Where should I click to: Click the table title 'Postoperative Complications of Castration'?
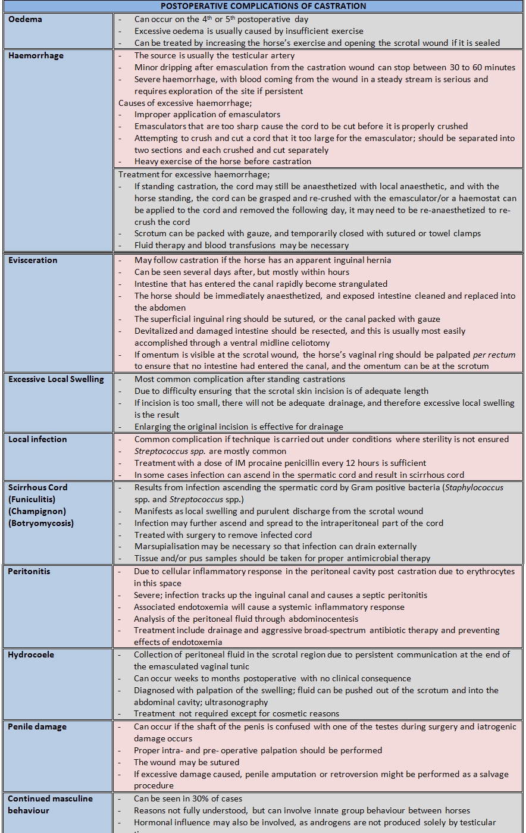point(263,6)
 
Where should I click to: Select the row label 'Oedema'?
point(25,19)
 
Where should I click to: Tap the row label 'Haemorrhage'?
point(36,55)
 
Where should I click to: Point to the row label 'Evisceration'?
point(33,260)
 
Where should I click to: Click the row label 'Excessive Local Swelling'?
point(56,379)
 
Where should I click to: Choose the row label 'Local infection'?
point(37,439)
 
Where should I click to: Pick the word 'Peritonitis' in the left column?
point(29,571)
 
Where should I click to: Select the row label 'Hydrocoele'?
point(31,654)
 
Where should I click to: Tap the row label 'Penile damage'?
point(37,726)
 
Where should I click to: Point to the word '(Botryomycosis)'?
point(41,523)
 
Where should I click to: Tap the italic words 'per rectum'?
point(493,355)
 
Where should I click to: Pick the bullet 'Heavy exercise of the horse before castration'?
point(223,161)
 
